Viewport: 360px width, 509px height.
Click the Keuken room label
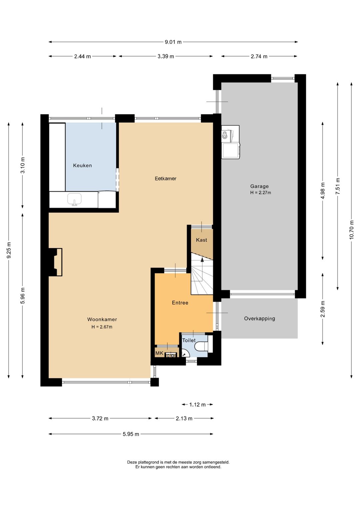tap(82, 165)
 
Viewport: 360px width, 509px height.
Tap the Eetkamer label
tap(166, 178)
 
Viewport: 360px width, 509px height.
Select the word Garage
tap(259, 186)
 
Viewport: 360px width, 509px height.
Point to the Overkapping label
tap(259, 319)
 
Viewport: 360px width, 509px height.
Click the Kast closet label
tap(201, 240)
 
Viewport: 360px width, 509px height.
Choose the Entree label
tap(180, 303)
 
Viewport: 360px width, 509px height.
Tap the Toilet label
tap(189, 340)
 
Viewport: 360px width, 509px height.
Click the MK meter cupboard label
tap(159, 353)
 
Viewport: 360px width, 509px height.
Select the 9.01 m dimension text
tap(173, 42)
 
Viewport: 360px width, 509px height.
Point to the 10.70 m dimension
tap(352, 230)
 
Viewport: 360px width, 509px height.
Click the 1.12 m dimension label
tap(197, 405)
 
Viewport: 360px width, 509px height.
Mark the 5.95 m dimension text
tap(131, 434)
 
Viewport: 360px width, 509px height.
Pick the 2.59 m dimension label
tap(323, 309)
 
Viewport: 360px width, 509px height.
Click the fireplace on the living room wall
tap(55, 262)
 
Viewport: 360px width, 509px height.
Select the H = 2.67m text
tap(102, 327)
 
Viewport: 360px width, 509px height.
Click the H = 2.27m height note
tap(261, 193)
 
